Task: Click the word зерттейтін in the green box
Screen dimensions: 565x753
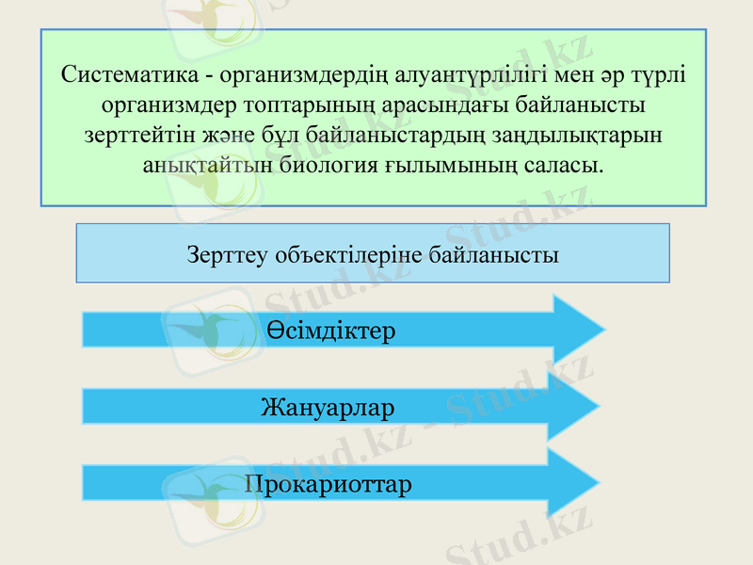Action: click(x=136, y=134)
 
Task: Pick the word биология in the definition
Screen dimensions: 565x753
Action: click(x=328, y=164)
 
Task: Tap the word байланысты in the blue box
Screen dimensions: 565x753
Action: click(x=494, y=253)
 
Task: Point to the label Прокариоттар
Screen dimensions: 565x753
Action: click(x=328, y=486)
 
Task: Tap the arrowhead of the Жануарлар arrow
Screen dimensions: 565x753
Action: click(x=573, y=406)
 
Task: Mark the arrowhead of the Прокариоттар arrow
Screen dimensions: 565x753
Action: click(x=573, y=483)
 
